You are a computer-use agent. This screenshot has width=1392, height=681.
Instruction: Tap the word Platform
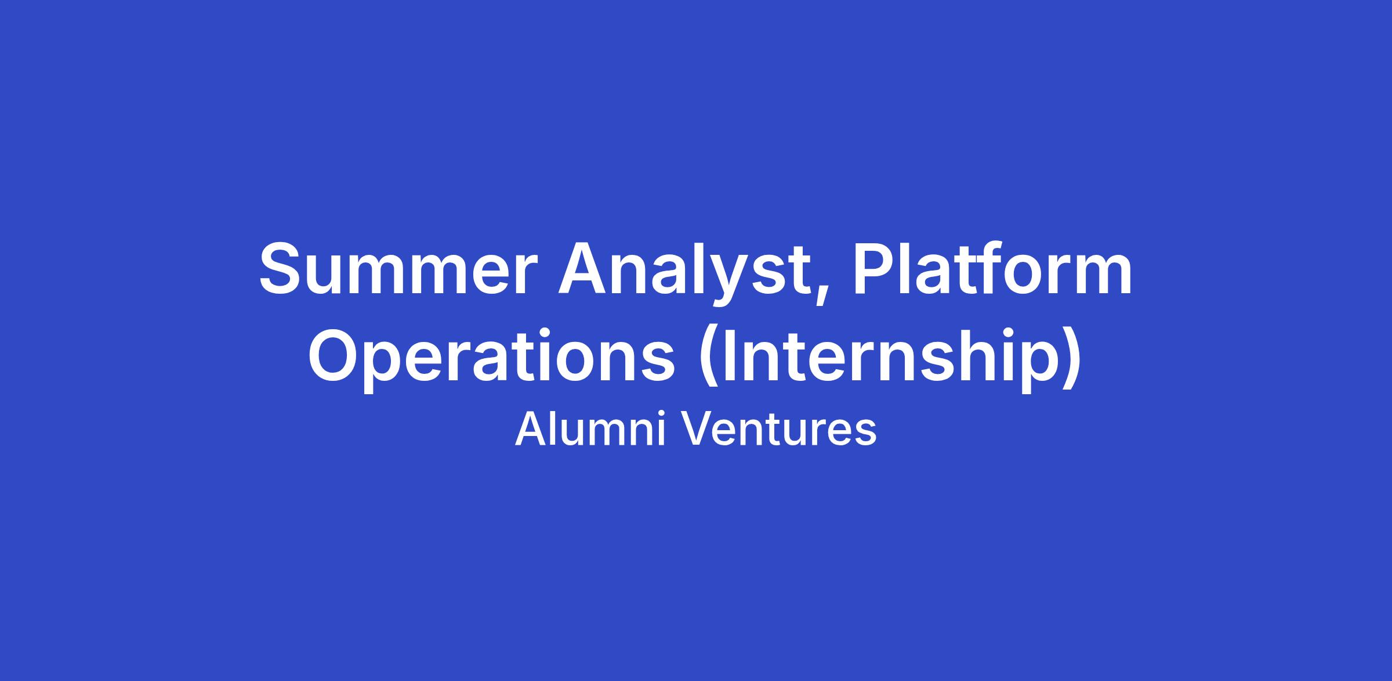point(992,268)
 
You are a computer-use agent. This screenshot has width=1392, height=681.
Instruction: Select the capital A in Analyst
point(585,268)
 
